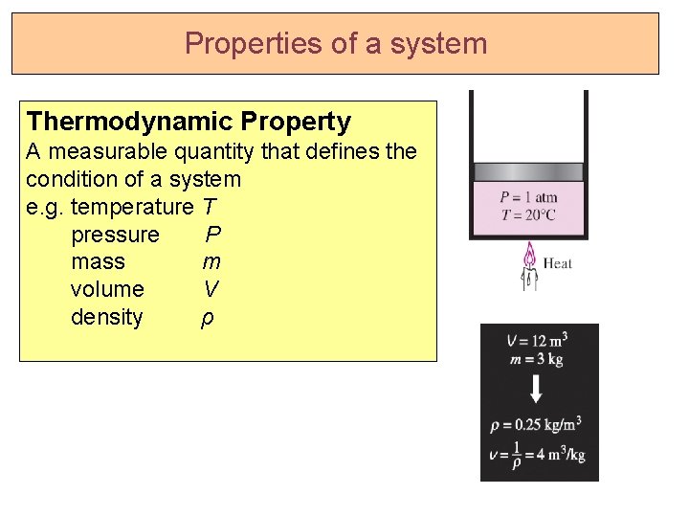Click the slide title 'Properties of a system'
[x=336, y=44]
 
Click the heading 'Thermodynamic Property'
[x=189, y=122]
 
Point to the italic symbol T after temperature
[x=209, y=207]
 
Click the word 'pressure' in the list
[x=115, y=235]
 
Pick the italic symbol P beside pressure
[x=213, y=235]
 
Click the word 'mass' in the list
[x=98, y=261]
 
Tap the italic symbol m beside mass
[x=211, y=261]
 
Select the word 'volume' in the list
[x=107, y=289]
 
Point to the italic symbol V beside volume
[x=211, y=289]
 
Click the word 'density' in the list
[x=106, y=317]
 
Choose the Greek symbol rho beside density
[x=207, y=318]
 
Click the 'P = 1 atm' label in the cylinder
[x=528, y=198]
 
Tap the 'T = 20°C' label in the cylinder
[x=528, y=214]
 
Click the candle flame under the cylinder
[x=528, y=257]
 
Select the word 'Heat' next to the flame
[x=557, y=263]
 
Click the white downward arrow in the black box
[x=537, y=389]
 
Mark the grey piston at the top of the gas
[x=528, y=172]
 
